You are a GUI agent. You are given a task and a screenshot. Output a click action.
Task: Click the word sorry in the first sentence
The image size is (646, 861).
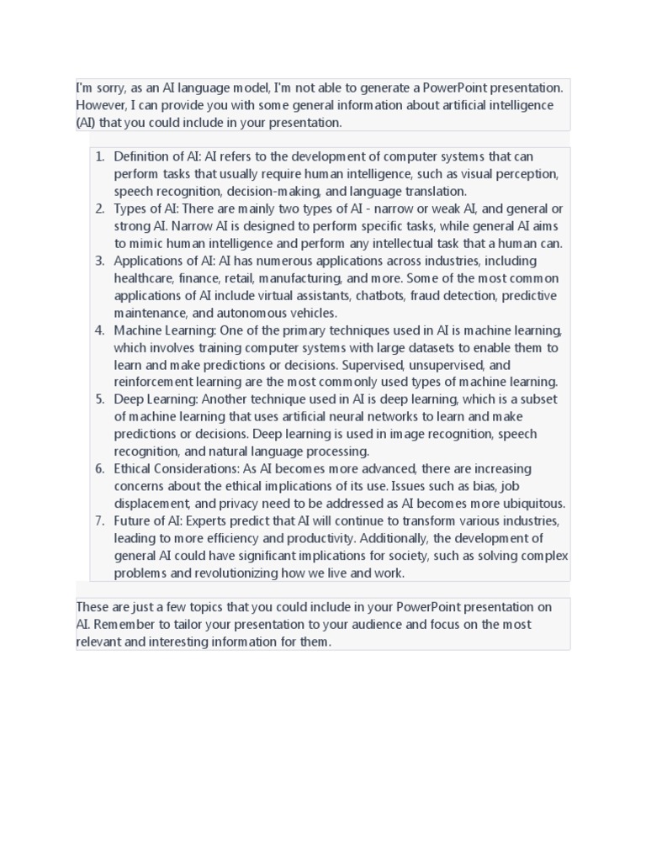(106, 87)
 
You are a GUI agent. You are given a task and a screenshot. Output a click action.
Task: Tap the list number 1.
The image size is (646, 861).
(100, 156)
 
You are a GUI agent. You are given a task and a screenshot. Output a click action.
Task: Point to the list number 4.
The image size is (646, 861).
(100, 330)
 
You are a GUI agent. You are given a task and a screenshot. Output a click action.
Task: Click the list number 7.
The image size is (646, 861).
(100, 521)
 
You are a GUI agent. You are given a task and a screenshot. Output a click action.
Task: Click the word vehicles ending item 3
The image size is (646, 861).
(310, 313)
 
